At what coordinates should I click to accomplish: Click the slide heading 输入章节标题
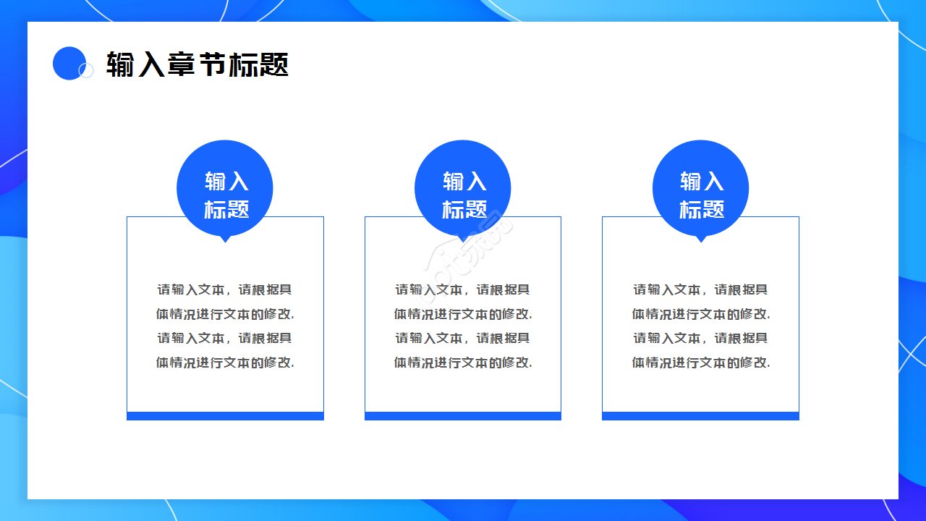click(x=197, y=64)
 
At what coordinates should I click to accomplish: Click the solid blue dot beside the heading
click(x=69, y=63)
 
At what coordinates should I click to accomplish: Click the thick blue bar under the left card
click(x=225, y=416)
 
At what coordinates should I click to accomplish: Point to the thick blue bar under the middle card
click(x=463, y=416)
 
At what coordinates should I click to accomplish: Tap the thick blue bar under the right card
click(x=700, y=416)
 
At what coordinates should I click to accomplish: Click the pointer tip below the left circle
click(x=225, y=239)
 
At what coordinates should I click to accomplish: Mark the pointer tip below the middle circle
click(x=463, y=239)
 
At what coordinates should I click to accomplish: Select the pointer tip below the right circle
click(x=700, y=239)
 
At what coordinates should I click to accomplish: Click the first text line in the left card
click(x=225, y=289)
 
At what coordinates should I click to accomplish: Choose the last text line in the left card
click(x=225, y=363)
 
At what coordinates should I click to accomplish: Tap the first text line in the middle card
click(x=463, y=289)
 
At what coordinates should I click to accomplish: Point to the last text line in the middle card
click(x=463, y=363)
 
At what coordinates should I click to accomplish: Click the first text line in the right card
click(x=700, y=289)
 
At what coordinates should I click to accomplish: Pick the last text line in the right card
click(x=700, y=363)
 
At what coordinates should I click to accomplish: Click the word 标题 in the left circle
click(x=226, y=210)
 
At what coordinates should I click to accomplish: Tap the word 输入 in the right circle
click(x=702, y=181)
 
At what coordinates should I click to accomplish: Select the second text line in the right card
click(x=700, y=314)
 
